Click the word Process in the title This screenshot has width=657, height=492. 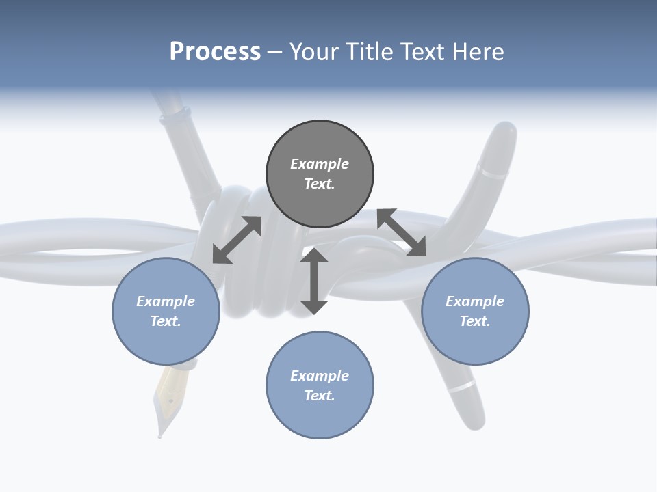click(x=215, y=52)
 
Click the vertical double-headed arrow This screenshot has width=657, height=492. click(x=314, y=281)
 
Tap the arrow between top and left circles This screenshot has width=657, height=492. click(x=237, y=240)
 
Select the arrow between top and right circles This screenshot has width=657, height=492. click(x=402, y=232)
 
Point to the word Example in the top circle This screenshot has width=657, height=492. click(x=320, y=164)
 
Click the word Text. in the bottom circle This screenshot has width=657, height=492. click(x=320, y=396)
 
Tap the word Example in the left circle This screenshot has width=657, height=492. click(x=166, y=301)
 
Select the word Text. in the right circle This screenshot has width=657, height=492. click(x=475, y=321)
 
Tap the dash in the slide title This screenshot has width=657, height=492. click(x=275, y=52)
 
